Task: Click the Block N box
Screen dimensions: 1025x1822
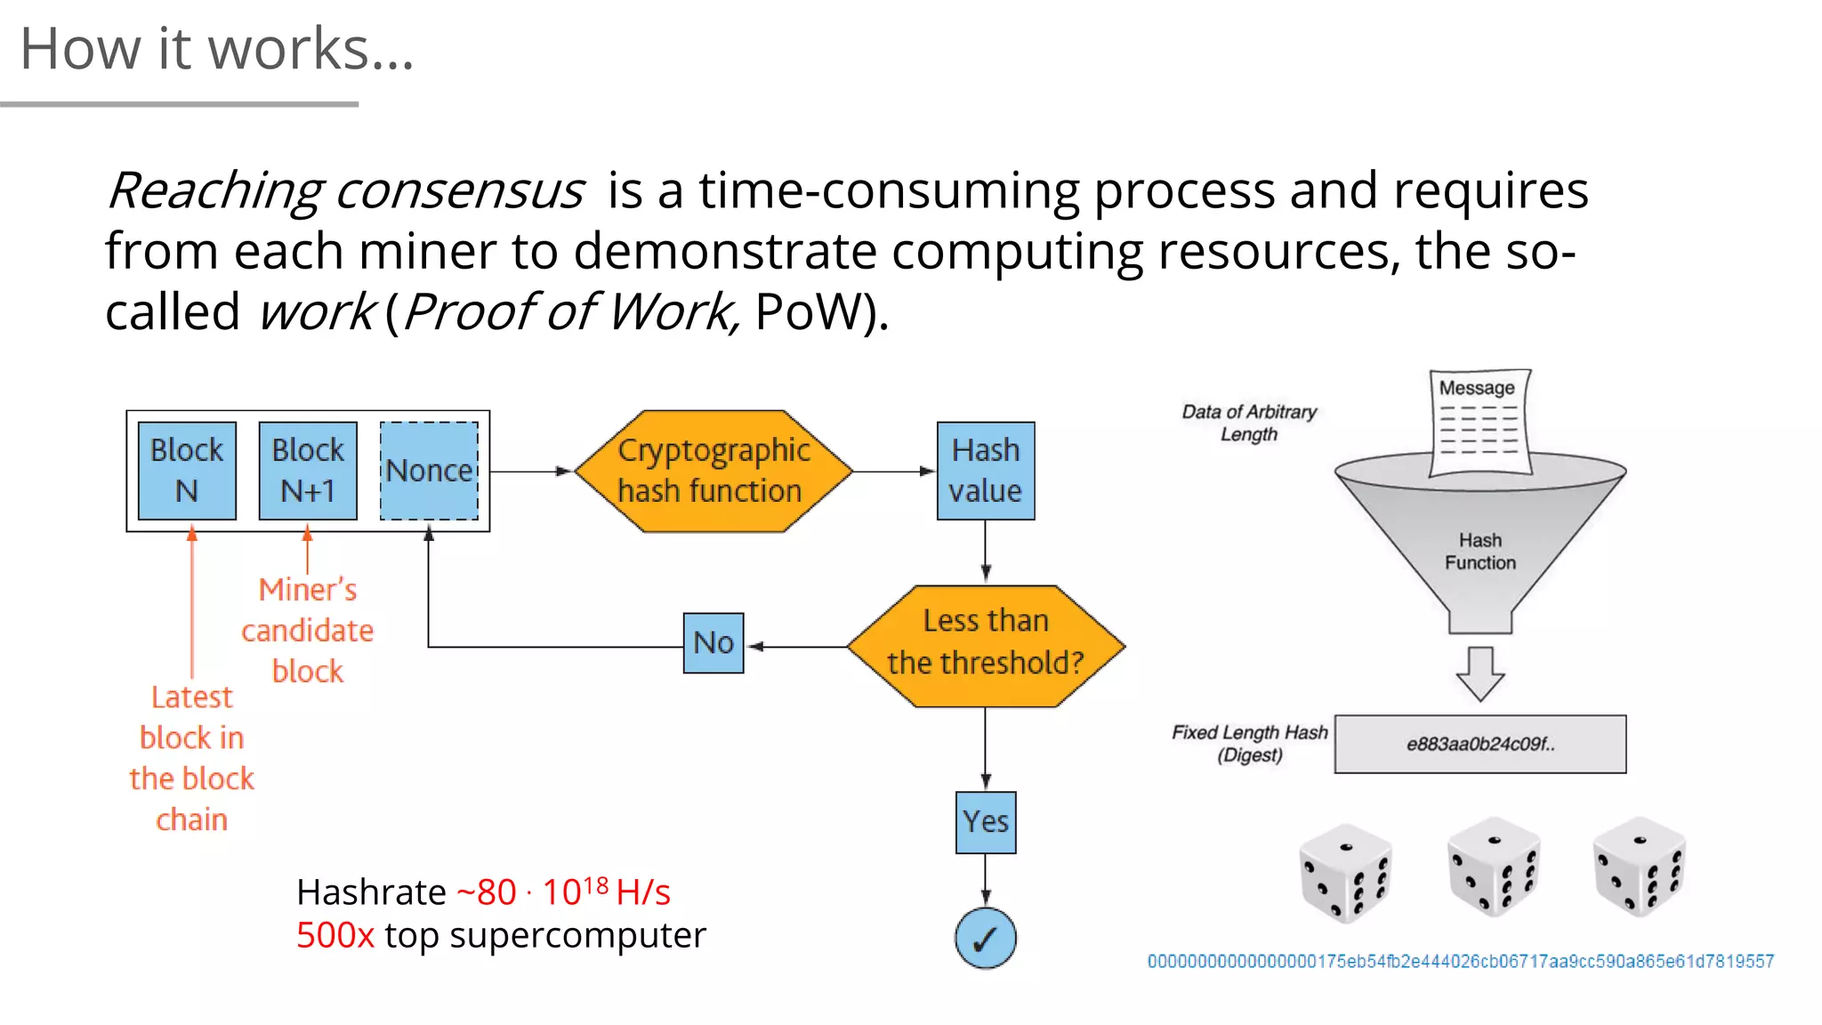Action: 187,471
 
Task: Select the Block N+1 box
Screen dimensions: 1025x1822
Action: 308,471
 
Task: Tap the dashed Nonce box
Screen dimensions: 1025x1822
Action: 429,471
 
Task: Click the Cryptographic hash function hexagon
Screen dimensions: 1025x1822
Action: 713,471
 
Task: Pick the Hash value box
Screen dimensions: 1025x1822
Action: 985,471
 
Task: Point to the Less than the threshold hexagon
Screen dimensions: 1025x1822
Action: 986,646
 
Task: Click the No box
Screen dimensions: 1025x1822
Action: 713,642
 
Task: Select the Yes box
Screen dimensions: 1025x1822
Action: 986,822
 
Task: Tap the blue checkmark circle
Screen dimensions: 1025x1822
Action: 986,938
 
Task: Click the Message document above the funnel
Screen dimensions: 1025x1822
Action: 1479,422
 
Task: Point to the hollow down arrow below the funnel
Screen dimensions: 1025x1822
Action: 1479,674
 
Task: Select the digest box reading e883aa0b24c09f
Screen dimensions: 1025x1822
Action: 1479,744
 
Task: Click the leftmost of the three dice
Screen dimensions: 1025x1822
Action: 1345,873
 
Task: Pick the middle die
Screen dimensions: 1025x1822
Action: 1493,867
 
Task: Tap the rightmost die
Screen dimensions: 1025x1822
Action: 1639,867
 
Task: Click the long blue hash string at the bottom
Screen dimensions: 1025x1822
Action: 1460,961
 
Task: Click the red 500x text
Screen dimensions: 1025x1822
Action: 335,935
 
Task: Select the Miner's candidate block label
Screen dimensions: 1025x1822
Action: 308,630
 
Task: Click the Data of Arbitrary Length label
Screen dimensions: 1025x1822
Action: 1248,423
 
